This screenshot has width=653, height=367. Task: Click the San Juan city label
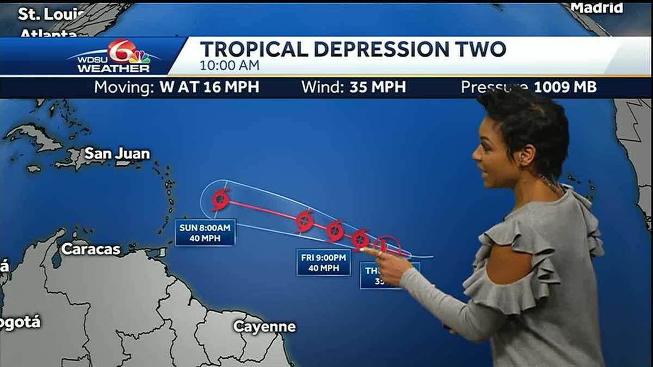point(117,154)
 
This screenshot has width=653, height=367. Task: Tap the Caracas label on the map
point(90,249)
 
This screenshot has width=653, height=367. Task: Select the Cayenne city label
point(264,326)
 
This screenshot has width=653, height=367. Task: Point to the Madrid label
point(596,8)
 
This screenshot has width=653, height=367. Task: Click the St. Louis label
point(51,14)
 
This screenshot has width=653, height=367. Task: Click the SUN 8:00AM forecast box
point(205,232)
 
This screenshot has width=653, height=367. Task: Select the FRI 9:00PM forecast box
point(323,262)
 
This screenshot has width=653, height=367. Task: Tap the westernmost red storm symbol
point(220,200)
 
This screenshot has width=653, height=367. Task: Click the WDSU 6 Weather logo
point(114,57)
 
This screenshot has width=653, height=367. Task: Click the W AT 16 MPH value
point(209,87)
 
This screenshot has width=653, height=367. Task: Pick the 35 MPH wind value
point(378,87)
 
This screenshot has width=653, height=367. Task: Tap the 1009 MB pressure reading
point(565,87)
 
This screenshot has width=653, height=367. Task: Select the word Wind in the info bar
point(321,87)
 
